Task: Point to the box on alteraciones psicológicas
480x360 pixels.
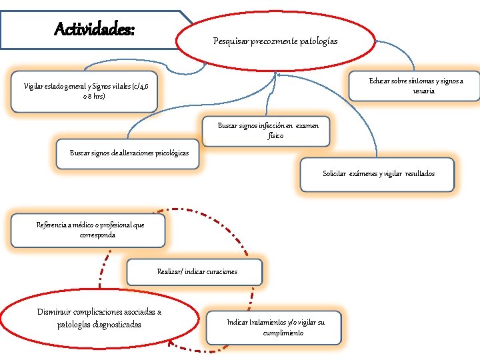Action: (129, 153)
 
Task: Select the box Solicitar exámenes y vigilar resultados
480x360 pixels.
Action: (378, 173)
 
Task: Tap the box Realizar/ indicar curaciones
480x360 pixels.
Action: (197, 272)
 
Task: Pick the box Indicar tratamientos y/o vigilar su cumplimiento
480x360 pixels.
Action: (275, 327)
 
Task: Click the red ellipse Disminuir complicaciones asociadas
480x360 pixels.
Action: (99, 318)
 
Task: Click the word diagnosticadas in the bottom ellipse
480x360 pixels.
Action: (115, 325)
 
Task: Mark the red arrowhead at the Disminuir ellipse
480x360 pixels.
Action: (172, 344)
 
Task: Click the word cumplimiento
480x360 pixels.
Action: (283, 333)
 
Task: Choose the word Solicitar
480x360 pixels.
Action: (335, 173)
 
